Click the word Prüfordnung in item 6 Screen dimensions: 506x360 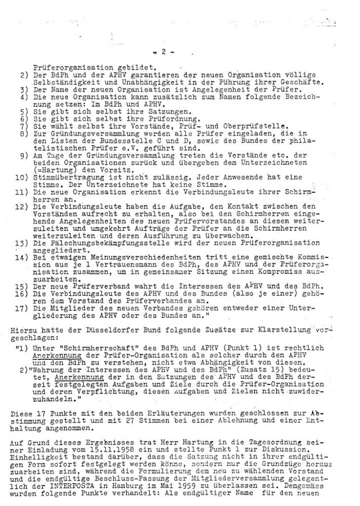[150, 119]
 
